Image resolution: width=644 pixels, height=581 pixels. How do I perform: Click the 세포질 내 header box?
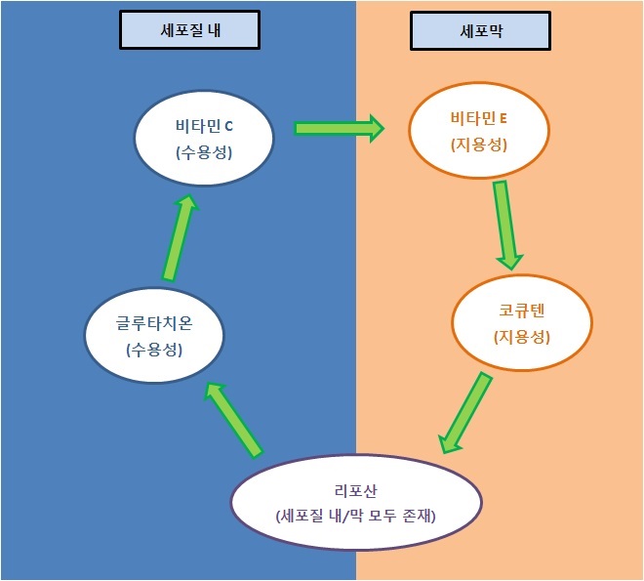(190, 31)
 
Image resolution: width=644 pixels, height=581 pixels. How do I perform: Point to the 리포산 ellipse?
(356, 502)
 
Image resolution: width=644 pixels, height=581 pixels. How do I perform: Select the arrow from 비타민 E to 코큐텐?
(504, 225)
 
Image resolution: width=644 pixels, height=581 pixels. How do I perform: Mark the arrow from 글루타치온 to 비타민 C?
(178, 235)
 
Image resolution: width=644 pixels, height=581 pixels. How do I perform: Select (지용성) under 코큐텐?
(521, 338)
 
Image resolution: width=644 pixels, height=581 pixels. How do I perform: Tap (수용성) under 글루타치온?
(154, 350)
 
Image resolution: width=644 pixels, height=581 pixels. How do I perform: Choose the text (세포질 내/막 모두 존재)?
(356, 515)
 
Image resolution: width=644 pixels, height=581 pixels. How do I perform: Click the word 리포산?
(356, 489)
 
